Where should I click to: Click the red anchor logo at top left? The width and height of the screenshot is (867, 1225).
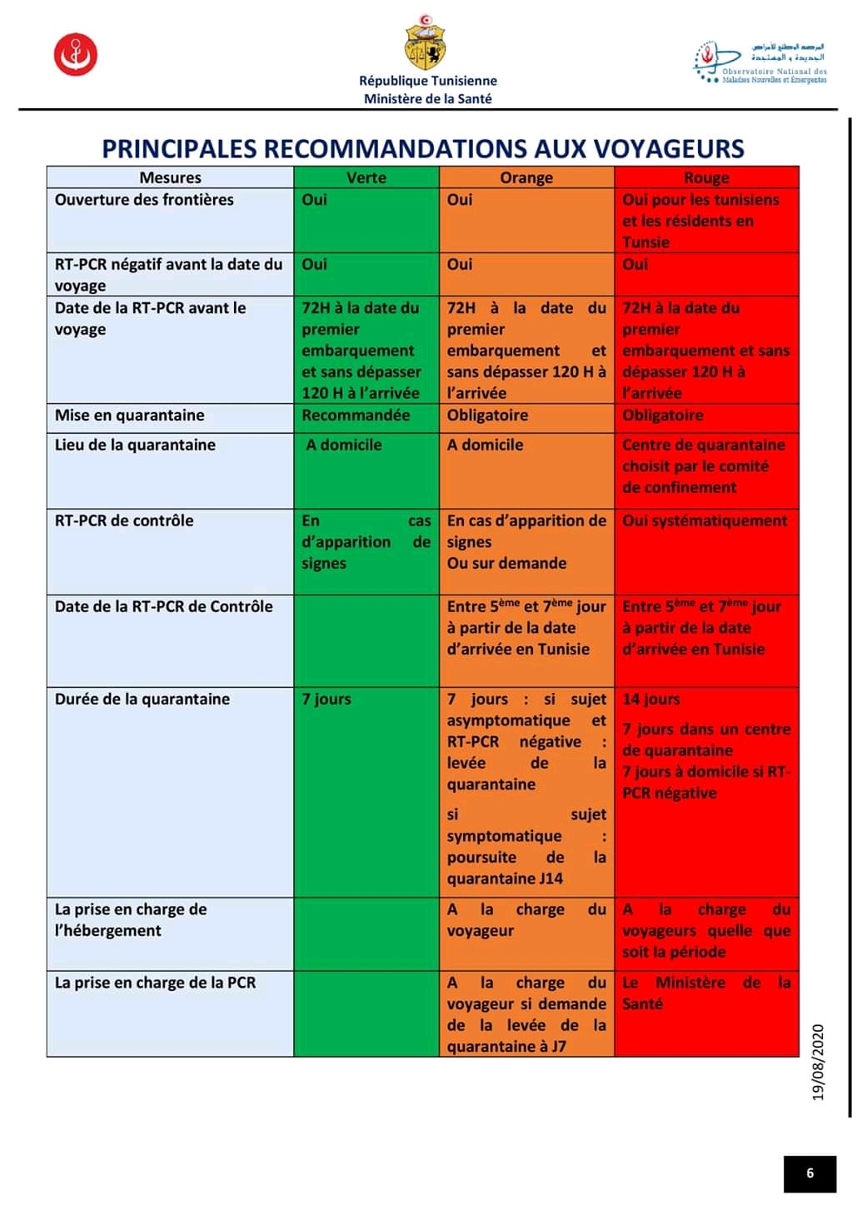click(x=76, y=55)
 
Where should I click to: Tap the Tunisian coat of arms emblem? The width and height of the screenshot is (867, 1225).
click(x=425, y=45)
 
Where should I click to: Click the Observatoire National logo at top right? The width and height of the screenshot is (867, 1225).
click(x=760, y=63)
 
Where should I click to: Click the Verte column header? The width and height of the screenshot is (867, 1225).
click(x=366, y=177)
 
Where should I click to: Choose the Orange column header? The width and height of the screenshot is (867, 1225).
click(x=526, y=177)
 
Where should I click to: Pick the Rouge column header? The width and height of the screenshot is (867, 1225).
click(x=706, y=177)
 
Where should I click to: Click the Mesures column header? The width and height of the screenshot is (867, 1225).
click(x=170, y=177)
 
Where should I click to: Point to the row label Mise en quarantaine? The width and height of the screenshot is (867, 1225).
click(x=129, y=416)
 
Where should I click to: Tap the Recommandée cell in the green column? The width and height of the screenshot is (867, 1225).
click(x=356, y=416)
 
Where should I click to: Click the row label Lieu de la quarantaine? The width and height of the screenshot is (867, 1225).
click(x=135, y=445)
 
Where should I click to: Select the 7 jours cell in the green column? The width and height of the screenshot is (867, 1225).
click(x=326, y=700)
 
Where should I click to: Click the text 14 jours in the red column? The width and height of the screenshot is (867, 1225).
click(x=651, y=700)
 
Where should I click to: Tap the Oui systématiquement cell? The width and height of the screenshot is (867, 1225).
click(x=705, y=521)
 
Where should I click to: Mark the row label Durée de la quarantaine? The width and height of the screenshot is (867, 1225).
click(x=142, y=700)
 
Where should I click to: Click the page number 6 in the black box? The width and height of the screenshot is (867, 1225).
click(x=810, y=1173)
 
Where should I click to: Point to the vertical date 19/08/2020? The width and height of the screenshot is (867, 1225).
click(x=818, y=1063)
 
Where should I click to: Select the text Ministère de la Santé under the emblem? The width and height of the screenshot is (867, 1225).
click(x=427, y=98)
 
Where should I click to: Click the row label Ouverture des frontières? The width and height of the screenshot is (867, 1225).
click(x=144, y=200)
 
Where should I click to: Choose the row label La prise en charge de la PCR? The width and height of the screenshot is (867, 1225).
click(x=155, y=983)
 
